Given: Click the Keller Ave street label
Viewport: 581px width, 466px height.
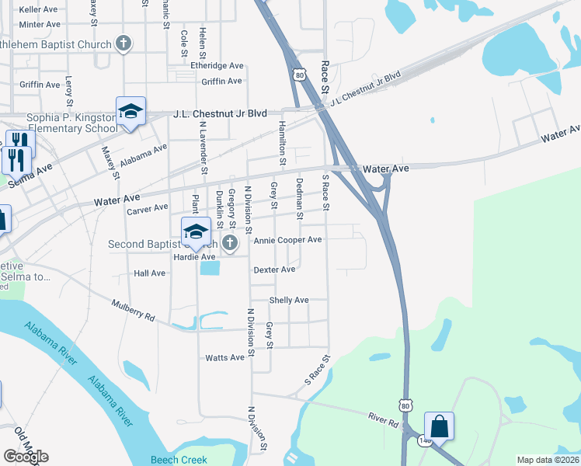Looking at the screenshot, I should (38, 10).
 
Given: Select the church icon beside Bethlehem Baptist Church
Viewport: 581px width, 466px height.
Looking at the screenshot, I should (124, 43).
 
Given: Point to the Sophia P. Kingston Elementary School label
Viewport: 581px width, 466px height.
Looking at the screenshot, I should (61, 123).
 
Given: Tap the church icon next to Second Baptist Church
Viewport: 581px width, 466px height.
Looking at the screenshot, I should (229, 244).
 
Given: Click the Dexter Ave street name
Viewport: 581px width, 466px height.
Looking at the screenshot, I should (274, 270).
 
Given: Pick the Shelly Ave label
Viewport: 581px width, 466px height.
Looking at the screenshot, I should (289, 300).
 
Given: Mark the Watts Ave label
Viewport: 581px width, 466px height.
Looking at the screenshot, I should (224, 357).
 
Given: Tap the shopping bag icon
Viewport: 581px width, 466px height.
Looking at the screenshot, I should (439, 426).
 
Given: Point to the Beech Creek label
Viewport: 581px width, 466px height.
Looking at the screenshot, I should (179, 459).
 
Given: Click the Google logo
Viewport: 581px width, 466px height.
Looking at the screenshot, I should (26, 457).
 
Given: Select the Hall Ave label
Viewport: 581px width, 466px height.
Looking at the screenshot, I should (150, 273).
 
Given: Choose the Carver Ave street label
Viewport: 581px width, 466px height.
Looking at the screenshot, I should (148, 208).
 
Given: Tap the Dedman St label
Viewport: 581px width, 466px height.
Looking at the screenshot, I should (300, 194).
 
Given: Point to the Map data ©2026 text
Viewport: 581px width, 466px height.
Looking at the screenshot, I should (548, 460).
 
